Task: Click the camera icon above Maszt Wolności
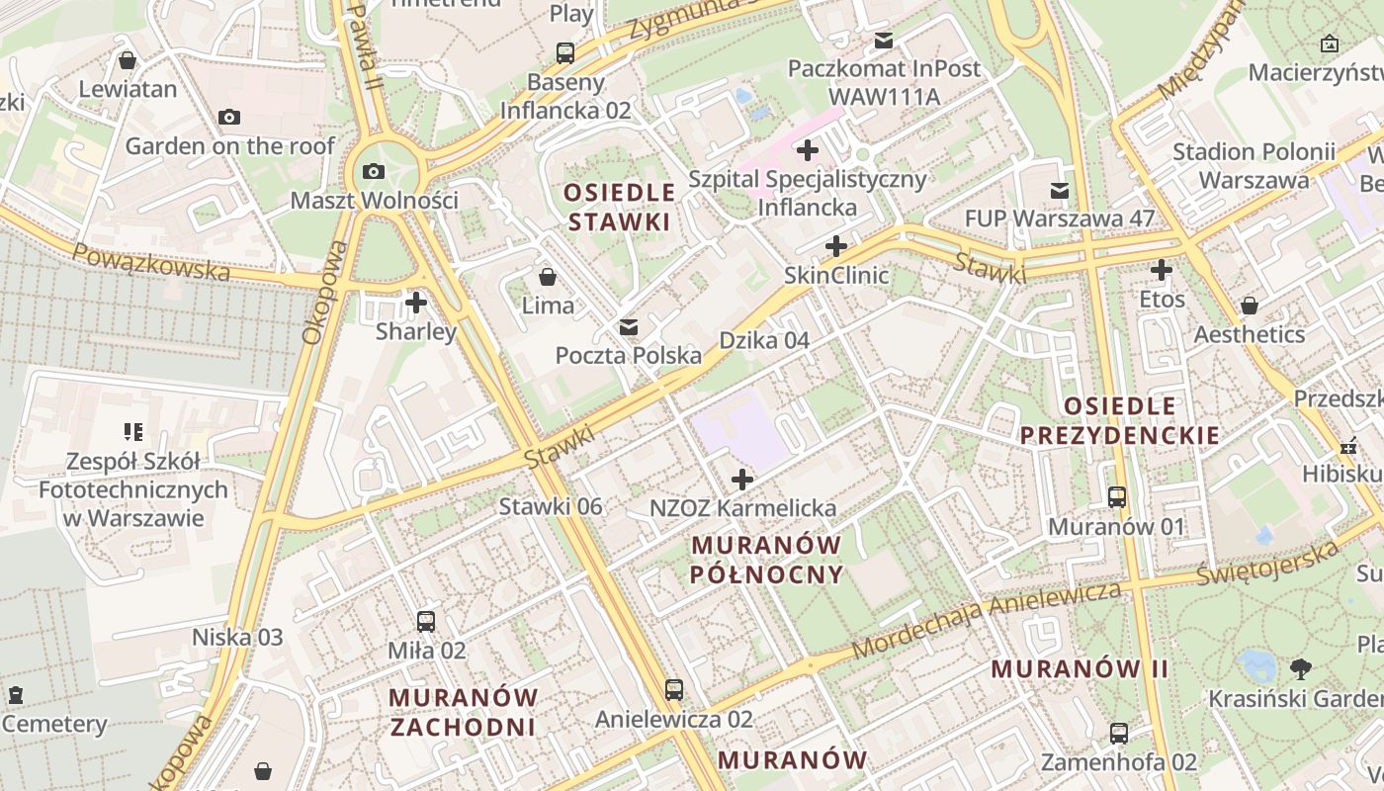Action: click(373, 171)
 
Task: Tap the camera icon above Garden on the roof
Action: click(229, 118)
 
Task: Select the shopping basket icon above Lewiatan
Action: click(128, 60)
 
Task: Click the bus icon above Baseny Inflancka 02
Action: click(565, 52)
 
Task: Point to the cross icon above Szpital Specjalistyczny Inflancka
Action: click(808, 150)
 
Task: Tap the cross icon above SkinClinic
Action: click(836, 245)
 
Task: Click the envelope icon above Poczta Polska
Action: click(629, 327)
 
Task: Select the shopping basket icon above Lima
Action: click(548, 277)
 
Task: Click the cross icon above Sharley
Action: click(416, 303)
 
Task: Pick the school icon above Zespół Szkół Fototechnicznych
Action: click(133, 432)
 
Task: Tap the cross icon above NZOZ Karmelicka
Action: click(742, 480)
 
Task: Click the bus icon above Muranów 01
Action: click(1117, 497)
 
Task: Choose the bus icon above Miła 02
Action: click(426, 621)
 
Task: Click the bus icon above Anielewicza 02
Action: click(674, 689)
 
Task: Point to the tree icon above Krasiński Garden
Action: click(1301, 668)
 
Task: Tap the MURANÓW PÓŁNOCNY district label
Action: click(767, 560)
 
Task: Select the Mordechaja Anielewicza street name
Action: click(987, 620)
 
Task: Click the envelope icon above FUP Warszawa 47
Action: click(1060, 190)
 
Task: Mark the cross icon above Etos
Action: click(1162, 269)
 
